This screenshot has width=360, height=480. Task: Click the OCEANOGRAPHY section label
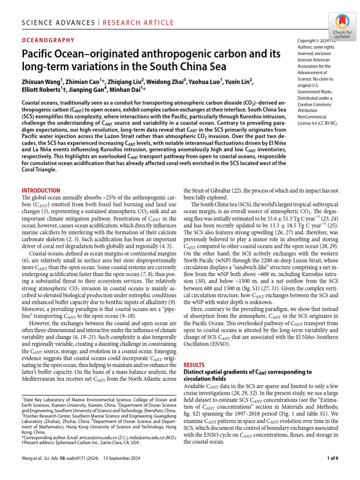coord(48,40)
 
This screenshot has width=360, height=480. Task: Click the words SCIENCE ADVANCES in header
coord(52,22)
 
